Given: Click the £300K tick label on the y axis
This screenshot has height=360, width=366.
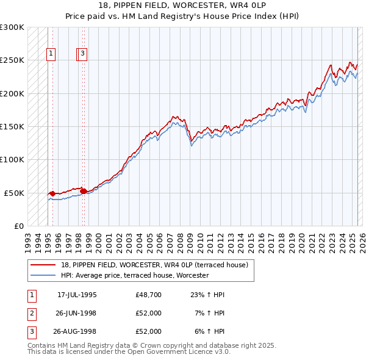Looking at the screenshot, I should (x=12, y=27).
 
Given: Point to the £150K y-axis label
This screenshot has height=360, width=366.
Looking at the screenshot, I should (x=12, y=127).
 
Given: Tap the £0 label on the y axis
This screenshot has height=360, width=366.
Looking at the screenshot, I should (x=20, y=226).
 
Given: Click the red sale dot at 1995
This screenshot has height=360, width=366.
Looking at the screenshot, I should (x=52, y=194).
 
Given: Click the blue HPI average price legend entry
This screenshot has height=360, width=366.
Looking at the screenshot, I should (x=135, y=275).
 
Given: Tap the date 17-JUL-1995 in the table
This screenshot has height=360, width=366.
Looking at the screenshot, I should (x=77, y=295).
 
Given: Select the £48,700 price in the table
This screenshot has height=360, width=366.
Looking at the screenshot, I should (x=149, y=295).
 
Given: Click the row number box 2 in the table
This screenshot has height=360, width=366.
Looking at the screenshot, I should (x=30, y=314).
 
